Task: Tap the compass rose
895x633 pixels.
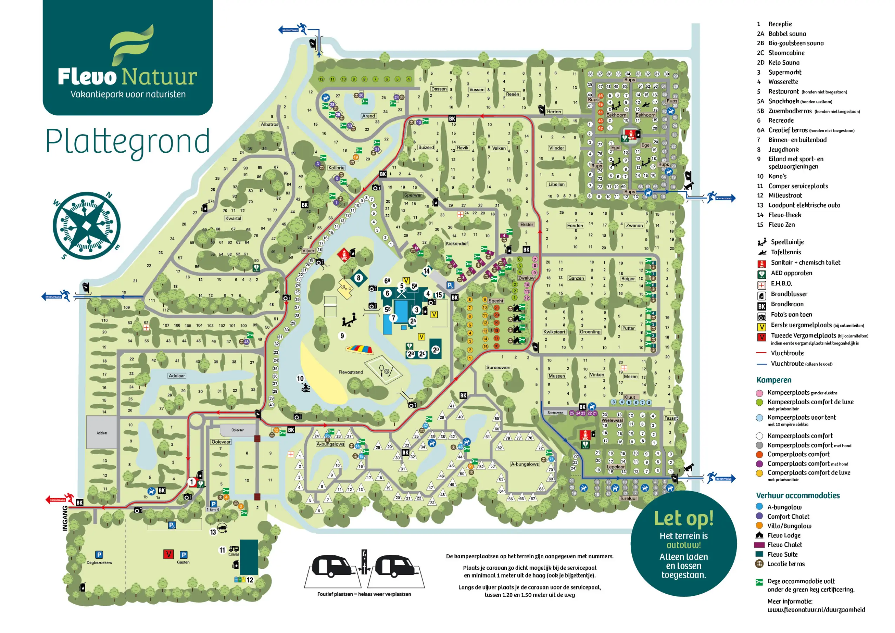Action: coord(87,226)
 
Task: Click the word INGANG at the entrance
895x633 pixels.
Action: coord(65,518)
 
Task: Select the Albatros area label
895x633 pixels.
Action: coord(269,124)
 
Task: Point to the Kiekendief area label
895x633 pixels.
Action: coord(457,244)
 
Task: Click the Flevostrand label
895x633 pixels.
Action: coord(350,372)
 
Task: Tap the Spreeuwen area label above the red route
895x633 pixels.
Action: coord(498,368)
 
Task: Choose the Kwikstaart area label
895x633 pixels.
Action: coord(554,332)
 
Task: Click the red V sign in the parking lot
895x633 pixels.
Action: coord(168,554)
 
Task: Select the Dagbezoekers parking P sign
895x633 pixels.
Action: coord(99,555)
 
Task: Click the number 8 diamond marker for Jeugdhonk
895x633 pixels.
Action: coord(358,278)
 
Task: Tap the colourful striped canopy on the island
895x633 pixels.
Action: coord(359,349)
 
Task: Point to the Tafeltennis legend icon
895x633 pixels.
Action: coord(762,253)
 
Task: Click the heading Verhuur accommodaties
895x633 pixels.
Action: coord(797,495)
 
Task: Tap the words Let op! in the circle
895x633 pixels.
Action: coord(683,518)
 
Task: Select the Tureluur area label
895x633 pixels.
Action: coord(628,499)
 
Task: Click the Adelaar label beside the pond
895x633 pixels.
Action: coord(177,376)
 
